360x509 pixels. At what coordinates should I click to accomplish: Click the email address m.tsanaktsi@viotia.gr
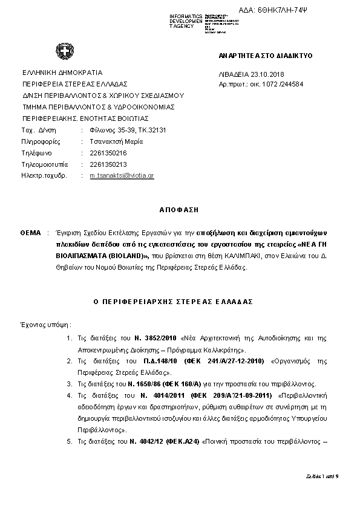(122, 175)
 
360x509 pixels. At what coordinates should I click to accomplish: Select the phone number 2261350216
(108, 153)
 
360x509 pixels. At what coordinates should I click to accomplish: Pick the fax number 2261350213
(108, 164)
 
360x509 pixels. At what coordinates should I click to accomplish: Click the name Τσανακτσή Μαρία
(116, 141)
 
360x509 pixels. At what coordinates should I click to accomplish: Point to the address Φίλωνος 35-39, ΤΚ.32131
(128, 130)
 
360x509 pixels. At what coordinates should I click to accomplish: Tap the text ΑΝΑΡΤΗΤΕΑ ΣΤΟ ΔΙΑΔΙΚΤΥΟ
(266, 56)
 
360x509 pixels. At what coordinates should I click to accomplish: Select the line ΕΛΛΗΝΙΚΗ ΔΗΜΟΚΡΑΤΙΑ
(62, 72)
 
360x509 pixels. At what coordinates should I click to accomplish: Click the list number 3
(69, 383)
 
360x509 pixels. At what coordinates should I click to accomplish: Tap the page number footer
(322, 477)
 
